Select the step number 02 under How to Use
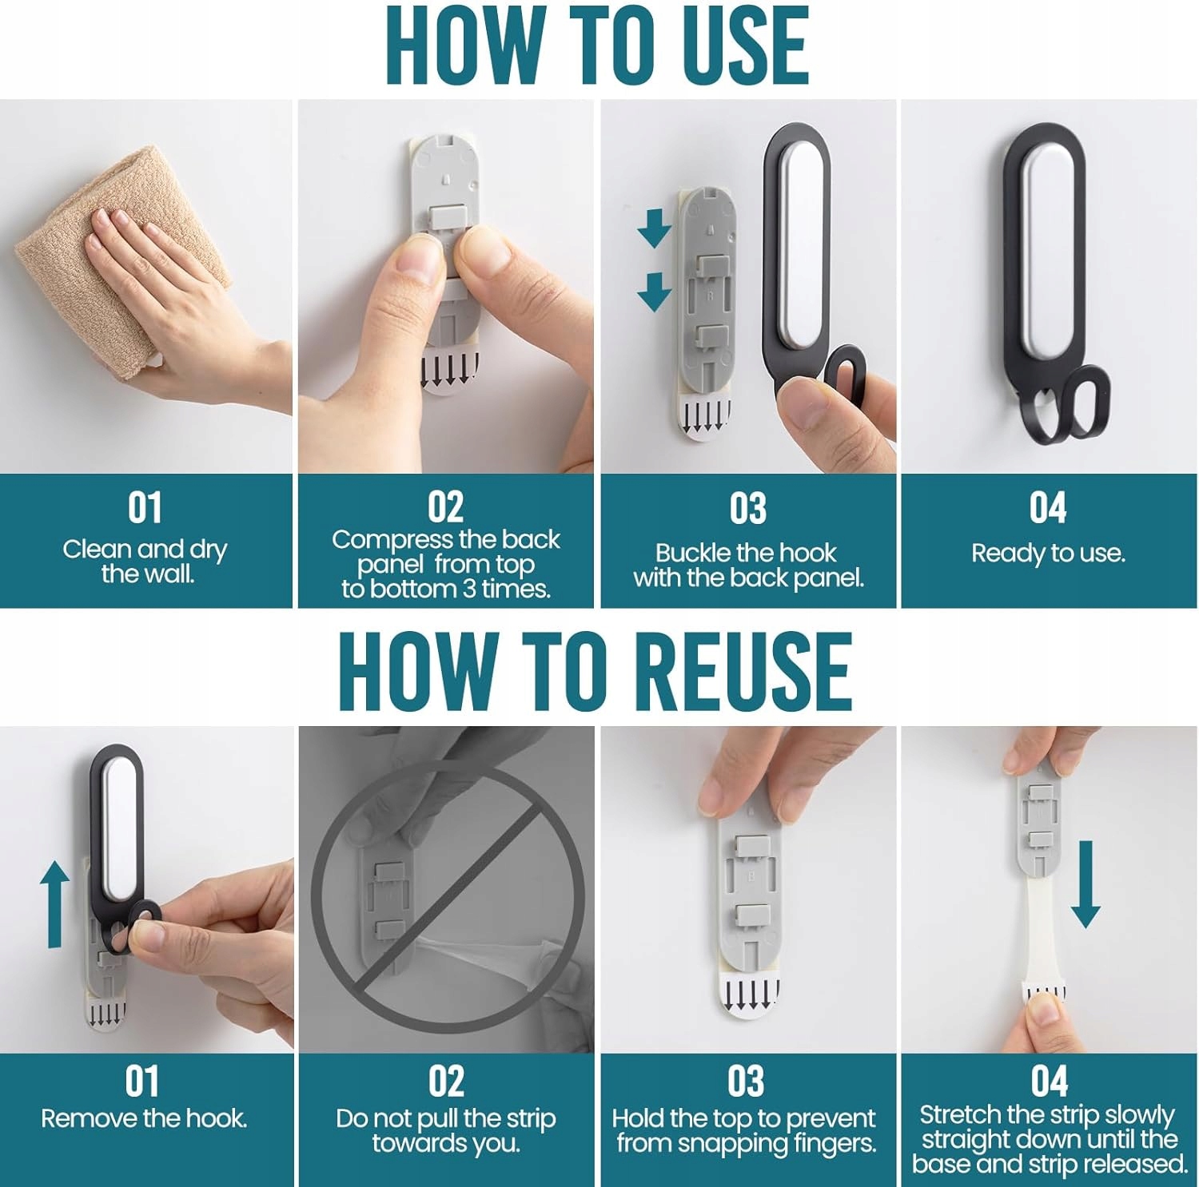click(x=445, y=507)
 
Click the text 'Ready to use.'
click(x=1048, y=553)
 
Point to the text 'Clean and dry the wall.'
click(x=145, y=561)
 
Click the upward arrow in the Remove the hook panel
click(x=54, y=903)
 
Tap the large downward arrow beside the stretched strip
click(x=1085, y=883)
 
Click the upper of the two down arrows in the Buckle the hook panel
click(x=654, y=228)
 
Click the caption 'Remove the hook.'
click(x=144, y=1118)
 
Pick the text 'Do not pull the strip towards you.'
click(x=445, y=1130)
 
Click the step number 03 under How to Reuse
click(x=746, y=1081)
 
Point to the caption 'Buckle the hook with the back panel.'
click(x=748, y=565)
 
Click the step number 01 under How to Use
click(x=145, y=507)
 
